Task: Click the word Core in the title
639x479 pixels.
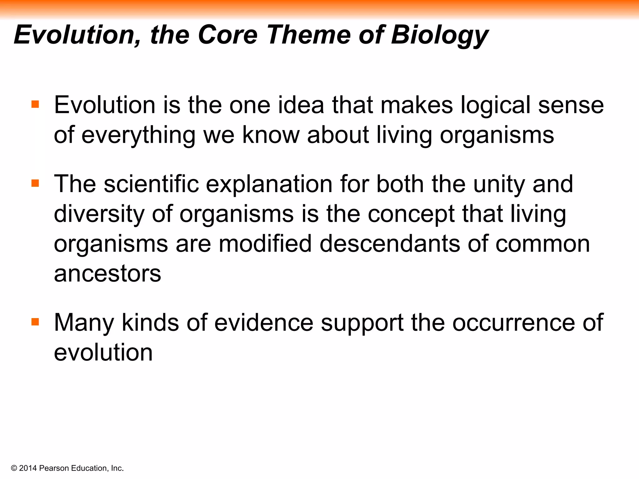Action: tap(227, 35)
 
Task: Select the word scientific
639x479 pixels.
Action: tap(151, 184)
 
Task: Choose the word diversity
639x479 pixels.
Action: tap(99, 215)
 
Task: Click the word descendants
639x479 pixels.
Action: tap(390, 244)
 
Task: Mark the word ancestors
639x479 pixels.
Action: tap(107, 273)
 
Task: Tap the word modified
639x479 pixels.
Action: tap(265, 244)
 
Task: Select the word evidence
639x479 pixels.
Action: tap(264, 322)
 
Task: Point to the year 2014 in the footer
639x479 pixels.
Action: tap(28, 468)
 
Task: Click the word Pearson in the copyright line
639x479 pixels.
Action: tap(54, 468)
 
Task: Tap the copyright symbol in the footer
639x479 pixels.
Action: tap(14, 468)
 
